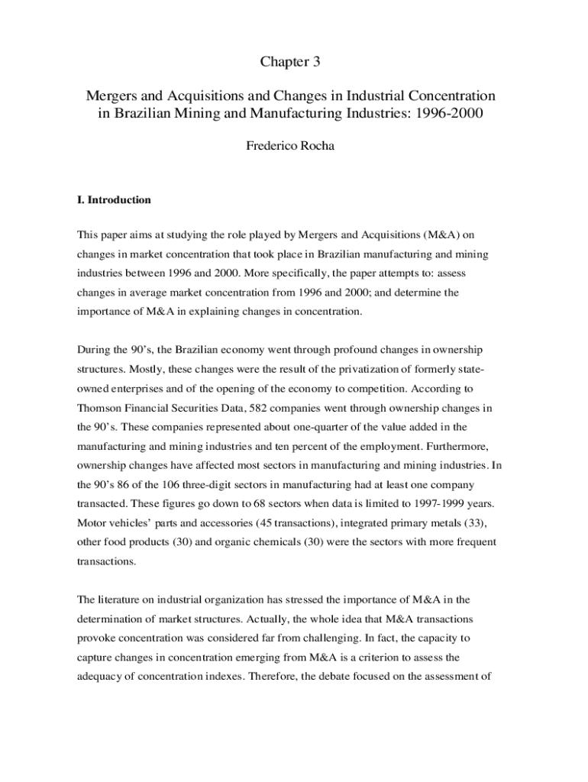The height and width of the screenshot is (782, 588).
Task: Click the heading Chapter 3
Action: point(290,62)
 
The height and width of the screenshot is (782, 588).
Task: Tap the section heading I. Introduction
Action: point(114,200)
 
